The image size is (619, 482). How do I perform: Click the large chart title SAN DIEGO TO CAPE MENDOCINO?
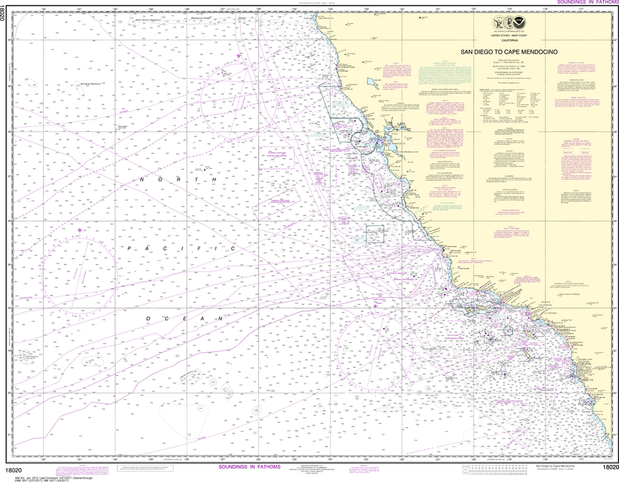coord(518,52)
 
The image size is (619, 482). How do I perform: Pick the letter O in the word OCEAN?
coord(147,318)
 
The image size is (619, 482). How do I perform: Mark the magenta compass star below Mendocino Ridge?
coord(239,56)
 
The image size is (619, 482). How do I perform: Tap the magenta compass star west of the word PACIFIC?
coord(79,230)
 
